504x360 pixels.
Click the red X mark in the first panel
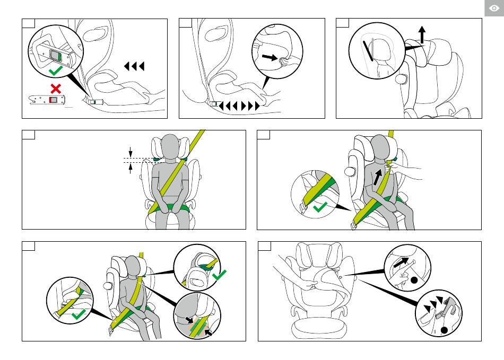[x=54, y=87]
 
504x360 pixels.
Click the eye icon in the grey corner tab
[x=493, y=8]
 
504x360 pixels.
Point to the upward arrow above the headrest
[x=422, y=36]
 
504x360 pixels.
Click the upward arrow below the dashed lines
[x=131, y=168]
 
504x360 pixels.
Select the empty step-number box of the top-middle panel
[x=185, y=23]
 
